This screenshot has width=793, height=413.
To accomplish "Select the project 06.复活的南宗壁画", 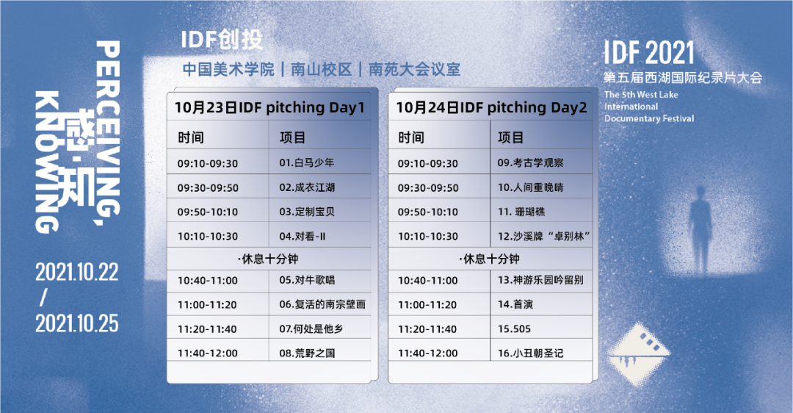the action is (322, 304).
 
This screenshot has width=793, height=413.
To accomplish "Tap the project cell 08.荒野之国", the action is (307, 353).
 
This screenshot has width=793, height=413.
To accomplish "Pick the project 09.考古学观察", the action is (530, 163).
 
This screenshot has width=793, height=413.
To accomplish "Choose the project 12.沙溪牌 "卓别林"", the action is (544, 237).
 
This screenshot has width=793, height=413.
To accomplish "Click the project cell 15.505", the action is (514, 329).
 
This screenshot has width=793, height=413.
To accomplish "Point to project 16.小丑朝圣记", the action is (530, 353).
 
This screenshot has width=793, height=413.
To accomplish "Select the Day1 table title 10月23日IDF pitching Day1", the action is (269, 108).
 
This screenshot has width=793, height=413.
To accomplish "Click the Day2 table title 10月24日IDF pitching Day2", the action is (491, 108).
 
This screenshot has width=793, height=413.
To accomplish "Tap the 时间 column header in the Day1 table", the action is (191, 137).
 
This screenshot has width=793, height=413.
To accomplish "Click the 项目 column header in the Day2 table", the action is (511, 137).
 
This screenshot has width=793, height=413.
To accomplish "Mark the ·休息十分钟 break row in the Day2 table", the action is (490, 259).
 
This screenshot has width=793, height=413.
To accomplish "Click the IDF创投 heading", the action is (222, 40).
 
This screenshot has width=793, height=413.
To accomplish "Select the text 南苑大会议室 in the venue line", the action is (414, 69).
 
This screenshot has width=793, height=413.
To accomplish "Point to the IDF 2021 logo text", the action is (649, 53).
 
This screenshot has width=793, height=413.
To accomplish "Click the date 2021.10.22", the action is (77, 273).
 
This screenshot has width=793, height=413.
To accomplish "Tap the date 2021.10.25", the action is (77, 323).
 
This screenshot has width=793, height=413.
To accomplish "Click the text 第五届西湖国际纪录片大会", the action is (683, 77).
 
